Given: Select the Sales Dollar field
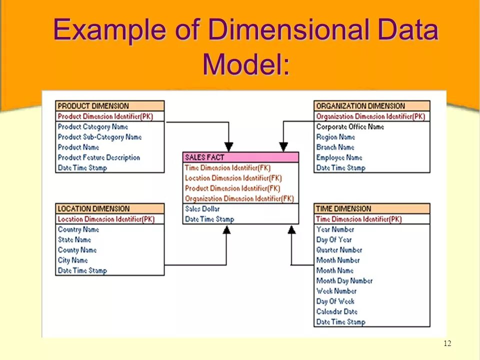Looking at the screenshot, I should pos(202,209).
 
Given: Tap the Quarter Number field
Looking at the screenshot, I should pos(339,250).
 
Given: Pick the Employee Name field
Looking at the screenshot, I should pos(339,157).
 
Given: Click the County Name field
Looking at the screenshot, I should pos(77,250).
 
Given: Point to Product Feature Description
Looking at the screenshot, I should pos(98,157).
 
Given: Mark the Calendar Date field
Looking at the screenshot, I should pos(336,311).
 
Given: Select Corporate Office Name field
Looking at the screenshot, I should pos(350,127).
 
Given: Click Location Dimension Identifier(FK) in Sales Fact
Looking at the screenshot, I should pos(233,178).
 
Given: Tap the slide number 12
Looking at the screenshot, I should pos(447,343).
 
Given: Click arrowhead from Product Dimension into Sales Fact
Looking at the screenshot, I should pos(228,146).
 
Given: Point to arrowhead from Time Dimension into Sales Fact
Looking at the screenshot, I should pos(291,230).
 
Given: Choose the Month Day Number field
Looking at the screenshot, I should pos(344,281).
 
